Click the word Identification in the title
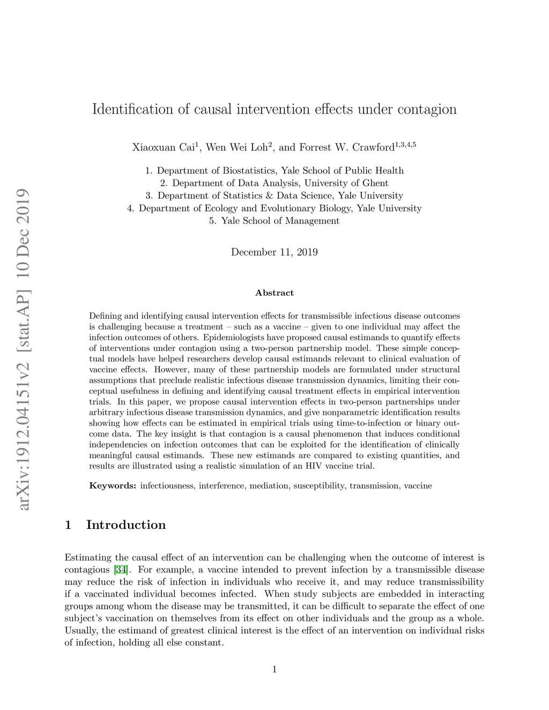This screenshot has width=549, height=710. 133,109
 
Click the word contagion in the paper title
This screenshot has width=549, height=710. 427,109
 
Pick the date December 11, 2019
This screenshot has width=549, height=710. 274,252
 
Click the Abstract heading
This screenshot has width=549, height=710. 274,293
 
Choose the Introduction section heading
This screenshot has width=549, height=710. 126,525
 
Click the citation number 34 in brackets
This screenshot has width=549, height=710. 121,570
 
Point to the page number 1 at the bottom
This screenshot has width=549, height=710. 274,669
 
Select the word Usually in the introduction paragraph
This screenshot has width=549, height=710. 81,630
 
